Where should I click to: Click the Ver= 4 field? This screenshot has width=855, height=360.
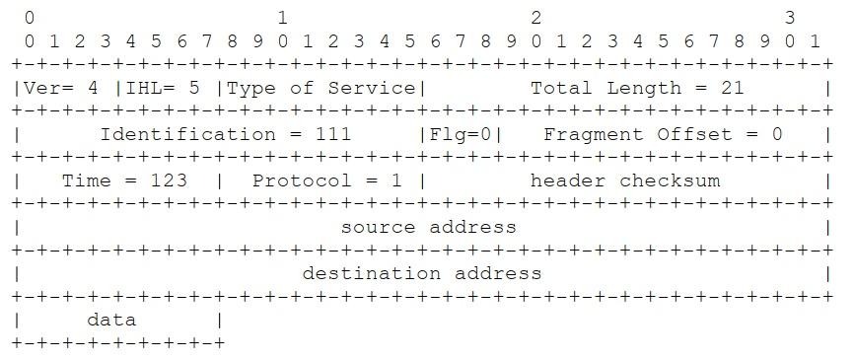coord(61,88)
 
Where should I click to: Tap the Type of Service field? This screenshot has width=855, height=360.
coord(321,88)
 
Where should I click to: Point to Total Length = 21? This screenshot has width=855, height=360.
coord(637,88)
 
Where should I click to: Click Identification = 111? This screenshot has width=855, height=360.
coord(226,134)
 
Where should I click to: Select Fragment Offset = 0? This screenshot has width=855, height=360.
coord(663,134)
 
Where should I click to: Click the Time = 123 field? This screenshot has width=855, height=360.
coord(124,180)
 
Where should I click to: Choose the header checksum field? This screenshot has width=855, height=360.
coord(625,180)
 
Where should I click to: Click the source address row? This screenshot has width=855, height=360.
coord(428,227)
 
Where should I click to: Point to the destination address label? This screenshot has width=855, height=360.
coord(422,273)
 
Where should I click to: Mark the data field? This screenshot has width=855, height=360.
coord(111,320)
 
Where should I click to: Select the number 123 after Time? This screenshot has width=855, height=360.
coord(168,180)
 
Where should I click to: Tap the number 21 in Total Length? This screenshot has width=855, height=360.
coord(732,88)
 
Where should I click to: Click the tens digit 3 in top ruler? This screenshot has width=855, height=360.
coord(789,18)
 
